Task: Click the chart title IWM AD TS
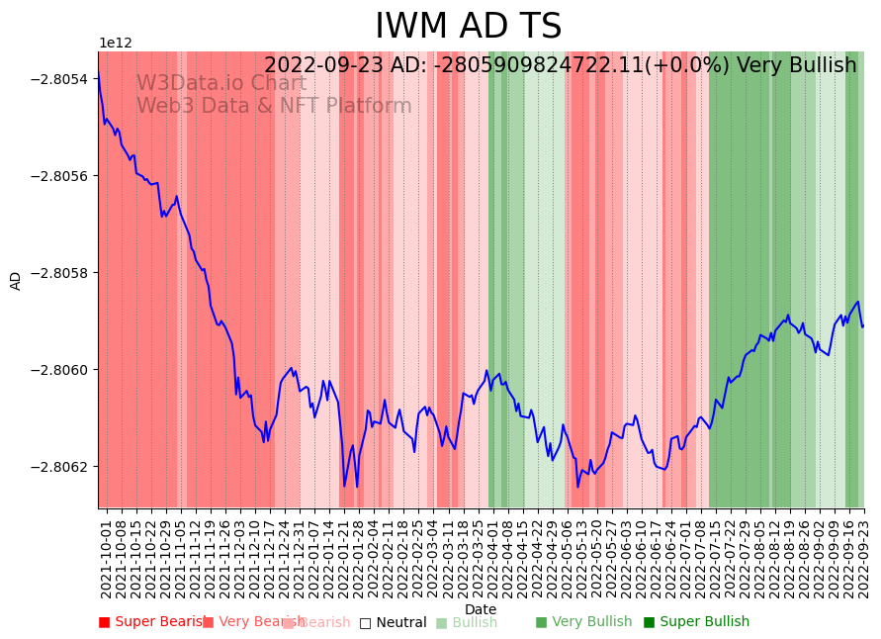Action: point(468,27)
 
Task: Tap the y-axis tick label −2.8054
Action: point(62,79)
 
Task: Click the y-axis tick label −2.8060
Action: point(62,370)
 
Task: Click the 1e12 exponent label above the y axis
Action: point(115,44)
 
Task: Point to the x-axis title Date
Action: point(481,609)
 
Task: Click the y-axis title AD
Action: point(16,280)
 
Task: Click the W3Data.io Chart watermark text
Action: point(220,83)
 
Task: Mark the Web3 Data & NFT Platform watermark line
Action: point(273,106)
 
